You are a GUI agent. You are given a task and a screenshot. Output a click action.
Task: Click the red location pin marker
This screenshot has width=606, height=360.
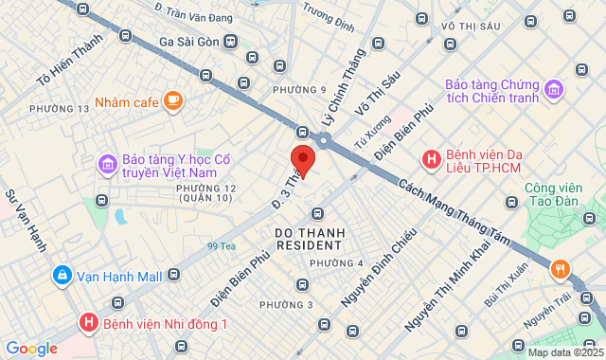302,158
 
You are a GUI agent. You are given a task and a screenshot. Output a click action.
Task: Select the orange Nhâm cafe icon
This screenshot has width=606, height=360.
173,99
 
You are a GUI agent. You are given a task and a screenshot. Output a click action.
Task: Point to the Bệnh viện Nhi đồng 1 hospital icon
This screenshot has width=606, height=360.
89,323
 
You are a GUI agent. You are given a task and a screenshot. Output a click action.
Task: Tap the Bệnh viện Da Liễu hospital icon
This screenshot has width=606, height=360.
432,160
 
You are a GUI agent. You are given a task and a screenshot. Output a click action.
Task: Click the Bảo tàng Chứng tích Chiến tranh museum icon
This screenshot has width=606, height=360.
554,90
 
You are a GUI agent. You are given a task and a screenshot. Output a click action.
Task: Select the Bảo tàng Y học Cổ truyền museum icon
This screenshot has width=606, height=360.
108,166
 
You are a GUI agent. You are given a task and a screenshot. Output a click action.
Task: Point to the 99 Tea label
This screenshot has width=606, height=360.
222,246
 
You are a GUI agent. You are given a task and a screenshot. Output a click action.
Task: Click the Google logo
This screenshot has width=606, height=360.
31,348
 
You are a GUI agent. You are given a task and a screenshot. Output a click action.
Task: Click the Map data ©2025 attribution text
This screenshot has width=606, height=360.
565,352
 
